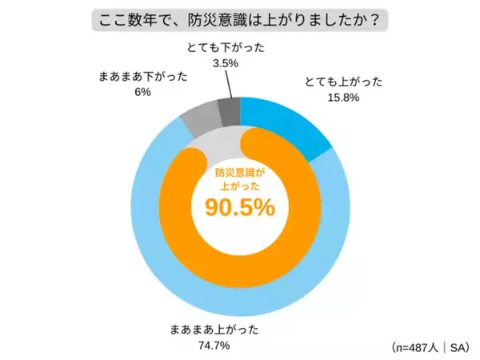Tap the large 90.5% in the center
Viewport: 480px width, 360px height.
click(x=240, y=207)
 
